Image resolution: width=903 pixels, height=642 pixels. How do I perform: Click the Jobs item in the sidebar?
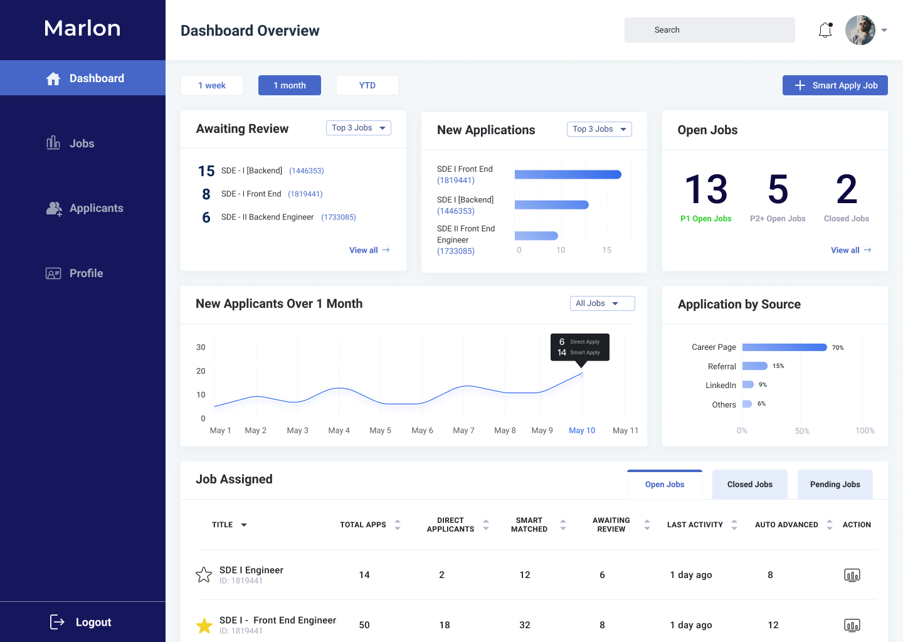[x=82, y=144]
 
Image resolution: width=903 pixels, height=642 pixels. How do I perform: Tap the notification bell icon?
[x=825, y=30]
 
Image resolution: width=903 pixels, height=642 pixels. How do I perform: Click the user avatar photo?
[x=860, y=30]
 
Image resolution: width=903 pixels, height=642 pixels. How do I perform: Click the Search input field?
[x=709, y=30]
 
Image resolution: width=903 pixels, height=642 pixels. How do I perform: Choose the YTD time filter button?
[x=367, y=85]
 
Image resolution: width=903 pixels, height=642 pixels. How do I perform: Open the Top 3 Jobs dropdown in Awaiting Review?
[x=359, y=128]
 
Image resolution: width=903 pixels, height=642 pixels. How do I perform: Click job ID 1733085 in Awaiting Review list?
[x=339, y=218]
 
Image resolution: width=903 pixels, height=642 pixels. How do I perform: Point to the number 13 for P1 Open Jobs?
[x=706, y=189]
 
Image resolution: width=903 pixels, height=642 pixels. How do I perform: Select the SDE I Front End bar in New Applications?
[x=568, y=175]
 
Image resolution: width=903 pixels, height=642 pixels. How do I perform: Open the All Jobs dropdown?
[x=602, y=303]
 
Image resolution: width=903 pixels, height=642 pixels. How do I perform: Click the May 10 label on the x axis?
[x=582, y=431]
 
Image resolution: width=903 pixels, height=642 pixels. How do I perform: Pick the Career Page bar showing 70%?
[x=784, y=347]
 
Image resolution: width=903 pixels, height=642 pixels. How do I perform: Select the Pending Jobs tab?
[x=835, y=485]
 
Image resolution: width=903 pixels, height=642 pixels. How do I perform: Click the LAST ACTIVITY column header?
[x=695, y=525]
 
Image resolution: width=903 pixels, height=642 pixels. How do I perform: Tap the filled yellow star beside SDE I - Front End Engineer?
[x=204, y=625]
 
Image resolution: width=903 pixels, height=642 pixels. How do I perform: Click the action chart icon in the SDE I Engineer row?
[x=852, y=575]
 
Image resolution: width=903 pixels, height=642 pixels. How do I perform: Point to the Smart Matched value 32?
[x=525, y=625]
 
